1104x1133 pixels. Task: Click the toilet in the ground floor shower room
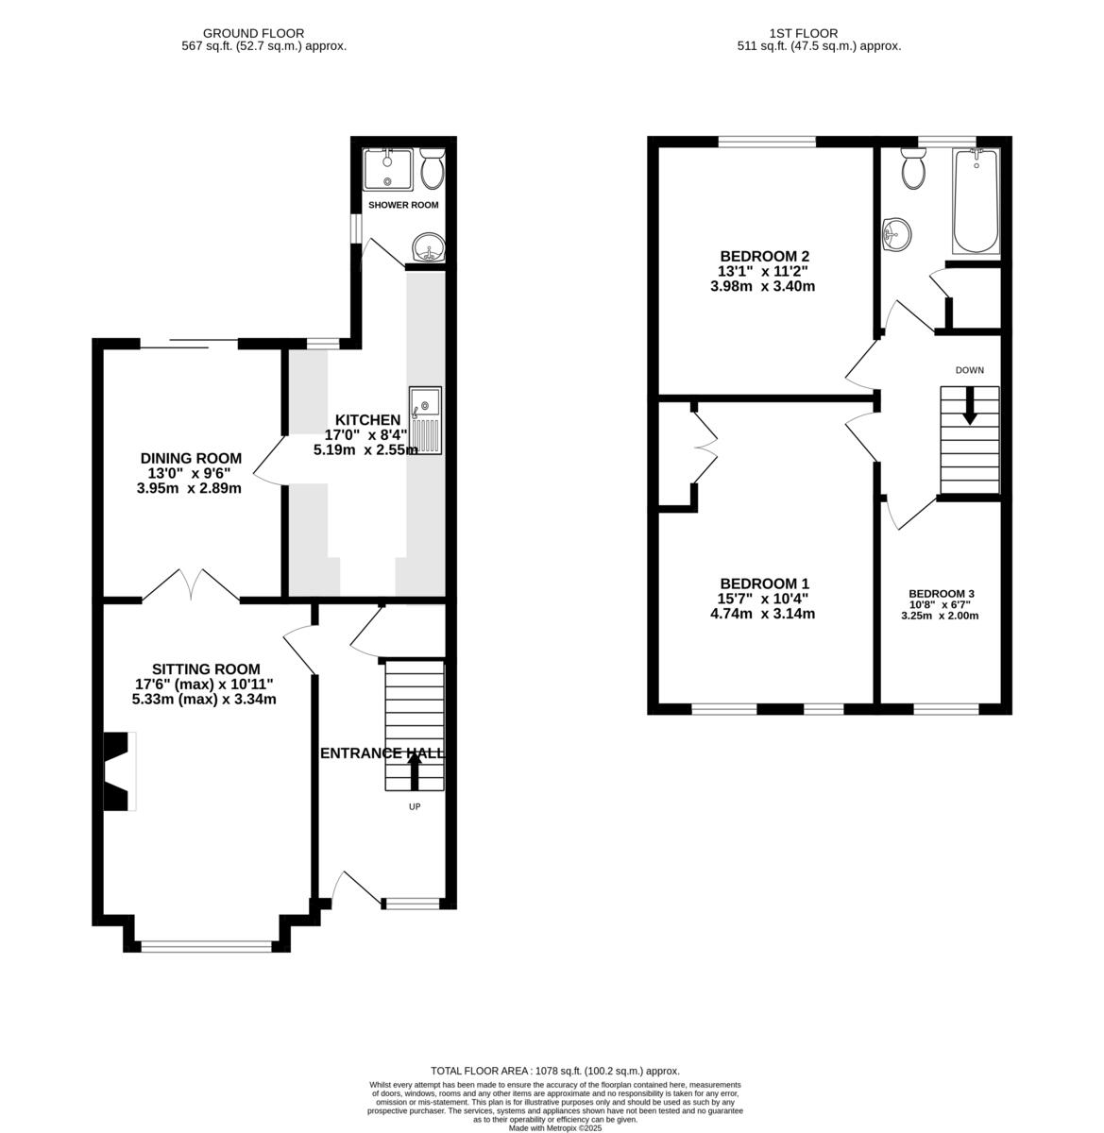point(433,168)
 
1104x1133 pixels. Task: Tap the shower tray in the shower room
point(387,170)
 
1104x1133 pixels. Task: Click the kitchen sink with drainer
point(426,421)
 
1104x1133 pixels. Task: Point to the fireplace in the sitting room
point(118,770)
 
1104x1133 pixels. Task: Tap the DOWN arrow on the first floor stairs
point(969,407)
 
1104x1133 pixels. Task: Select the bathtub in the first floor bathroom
point(977,201)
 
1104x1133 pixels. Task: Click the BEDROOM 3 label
point(941,594)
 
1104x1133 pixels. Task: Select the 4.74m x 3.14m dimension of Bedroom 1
point(762,614)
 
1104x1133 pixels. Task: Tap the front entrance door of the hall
point(355,888)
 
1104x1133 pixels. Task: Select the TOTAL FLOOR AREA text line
point(554,1071)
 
